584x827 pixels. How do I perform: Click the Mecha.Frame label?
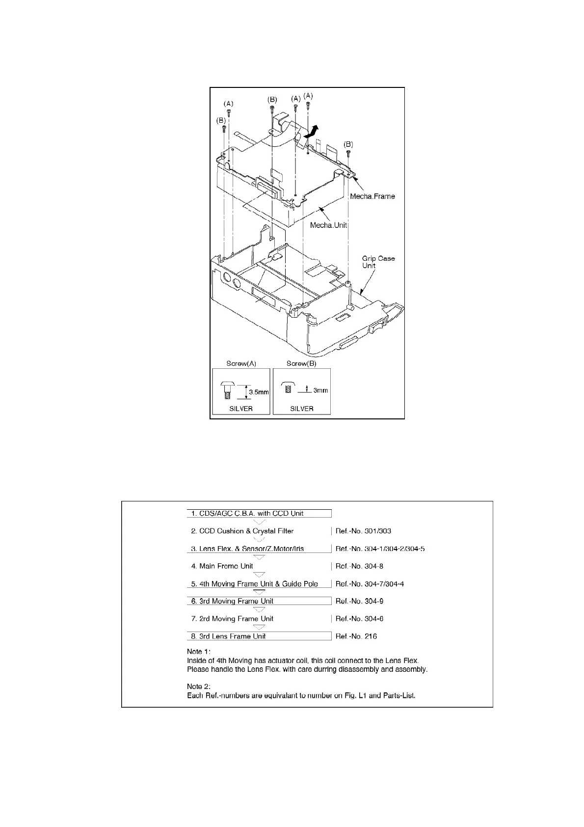point(372,196)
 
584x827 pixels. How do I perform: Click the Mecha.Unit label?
point(328,225)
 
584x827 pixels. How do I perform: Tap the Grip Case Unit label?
point(378,262)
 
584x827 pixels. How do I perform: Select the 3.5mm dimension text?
point(259,392)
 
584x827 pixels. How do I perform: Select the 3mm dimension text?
point(320,390)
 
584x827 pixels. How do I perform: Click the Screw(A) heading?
point(241,364)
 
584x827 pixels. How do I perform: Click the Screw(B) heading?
point(301,364)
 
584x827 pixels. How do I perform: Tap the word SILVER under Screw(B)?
point(301,409)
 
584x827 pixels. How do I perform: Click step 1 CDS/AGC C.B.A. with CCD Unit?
point(247,513)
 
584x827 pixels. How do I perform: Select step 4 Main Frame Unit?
point(222,566)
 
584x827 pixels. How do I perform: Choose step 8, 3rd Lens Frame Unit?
point(228,636)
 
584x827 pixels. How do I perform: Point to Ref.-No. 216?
point(356,636)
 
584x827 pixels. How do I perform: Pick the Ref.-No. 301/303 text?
point(363,531)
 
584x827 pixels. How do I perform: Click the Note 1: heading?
point(199,652)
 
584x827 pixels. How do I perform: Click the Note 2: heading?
point(199,687)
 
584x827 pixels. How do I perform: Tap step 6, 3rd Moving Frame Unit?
point(232,601)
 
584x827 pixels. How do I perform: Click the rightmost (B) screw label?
point(348,144)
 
